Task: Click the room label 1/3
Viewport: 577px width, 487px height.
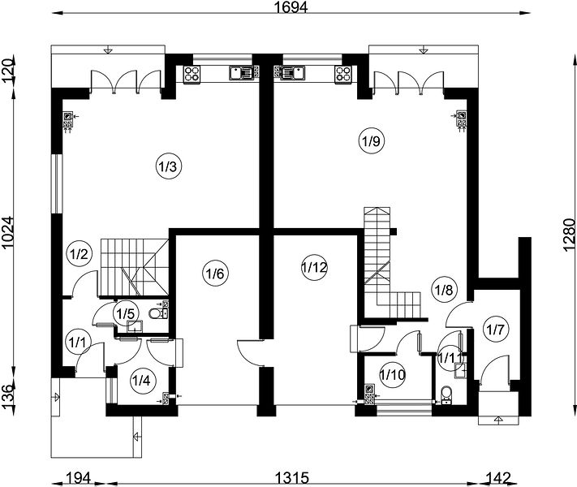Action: tap(168, 166)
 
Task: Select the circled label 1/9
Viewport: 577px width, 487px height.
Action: tap(372, 141)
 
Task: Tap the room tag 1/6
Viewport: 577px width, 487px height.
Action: tap(216, 274)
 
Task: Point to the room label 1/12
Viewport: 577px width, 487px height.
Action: tap(314, 267)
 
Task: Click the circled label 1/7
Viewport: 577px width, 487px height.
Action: tap(495, 329)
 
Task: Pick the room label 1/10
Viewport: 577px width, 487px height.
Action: tap(392, 375)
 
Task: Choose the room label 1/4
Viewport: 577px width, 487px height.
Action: tap(141, 380)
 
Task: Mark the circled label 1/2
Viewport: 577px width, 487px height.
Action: tap(79, 254)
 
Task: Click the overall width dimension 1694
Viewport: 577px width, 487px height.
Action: tap(291, 7)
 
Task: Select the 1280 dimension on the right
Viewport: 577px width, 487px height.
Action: tap(569, 235)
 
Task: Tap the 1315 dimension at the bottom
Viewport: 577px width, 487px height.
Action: tap(292, 478)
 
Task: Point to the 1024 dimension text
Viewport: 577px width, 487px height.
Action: tap(7, 233)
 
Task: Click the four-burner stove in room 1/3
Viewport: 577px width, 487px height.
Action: tap(192, 73)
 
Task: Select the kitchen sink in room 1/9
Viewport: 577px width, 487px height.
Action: tap(292, 72)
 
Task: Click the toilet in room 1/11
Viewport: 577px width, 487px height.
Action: tap(446, 394)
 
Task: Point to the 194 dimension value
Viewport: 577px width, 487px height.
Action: tap(78, 478)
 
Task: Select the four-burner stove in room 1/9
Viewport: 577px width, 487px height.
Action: tap(342, 73)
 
